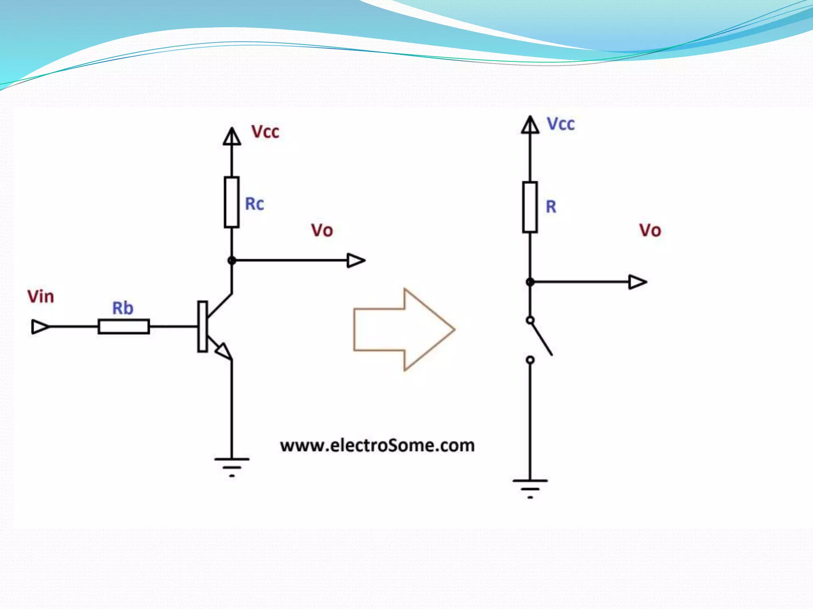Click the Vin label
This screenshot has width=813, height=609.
pyautogui.click(x=40, y=297)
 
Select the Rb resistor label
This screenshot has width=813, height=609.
pyautogui.click(x=123, y=308)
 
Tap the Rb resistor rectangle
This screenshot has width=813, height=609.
pyautogui.click(x=124, y=327)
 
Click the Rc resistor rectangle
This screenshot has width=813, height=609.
pyautogui.click(x=231, y=202)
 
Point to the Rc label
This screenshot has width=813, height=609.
pyautogui.click(x=254, y=204)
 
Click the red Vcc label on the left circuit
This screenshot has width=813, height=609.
pyautogui.click(x=265, y=132)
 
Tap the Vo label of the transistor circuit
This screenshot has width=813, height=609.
pyautogui.click(x=322, y=231)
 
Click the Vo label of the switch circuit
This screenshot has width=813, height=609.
pyautogui.click(x=650, y=231)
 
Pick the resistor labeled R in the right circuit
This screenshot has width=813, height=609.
pyautogui.click(x=530, y=207)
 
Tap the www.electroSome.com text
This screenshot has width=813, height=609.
pyautogui.click(x=377, y=446)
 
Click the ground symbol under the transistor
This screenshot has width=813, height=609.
pyautogui.click(x=232, y=466)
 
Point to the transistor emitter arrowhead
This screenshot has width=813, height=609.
pyautogui.click(x=223, y=350)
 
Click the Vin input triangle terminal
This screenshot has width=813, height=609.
pyautogui.click(x=40, y=327)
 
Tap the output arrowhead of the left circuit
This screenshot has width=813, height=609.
pyautogui.click(x=356, y=260)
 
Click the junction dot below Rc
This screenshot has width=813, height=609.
pyautogui.click(x=232, y=260)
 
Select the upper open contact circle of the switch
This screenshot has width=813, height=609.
pyautogui.click(x=530, y=320)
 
